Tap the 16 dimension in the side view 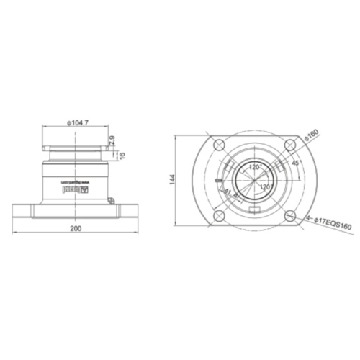(x=122, y=154)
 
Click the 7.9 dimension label (x=114, y=140)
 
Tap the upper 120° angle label (x=253, y=166)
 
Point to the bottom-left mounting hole (x=216, y=214)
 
